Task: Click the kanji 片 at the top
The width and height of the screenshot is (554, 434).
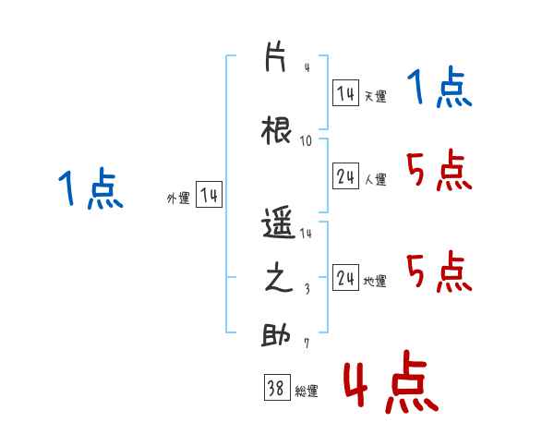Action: pyautogui.click(x=275, y=57)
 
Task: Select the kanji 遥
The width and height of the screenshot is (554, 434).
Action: pyautogui.click(x=278, y=223)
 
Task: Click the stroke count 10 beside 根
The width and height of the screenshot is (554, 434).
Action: pyautogui.click(x=306, y=141)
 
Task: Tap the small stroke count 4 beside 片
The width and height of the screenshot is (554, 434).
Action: pyautogui.click(x=307, y=67)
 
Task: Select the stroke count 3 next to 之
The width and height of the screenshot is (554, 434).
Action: pyautogui.click(x=307, y=289)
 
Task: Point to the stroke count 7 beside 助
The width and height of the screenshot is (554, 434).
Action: pyautogui.click(x=307, y=343)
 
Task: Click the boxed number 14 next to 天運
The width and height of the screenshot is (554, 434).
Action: pyautogui.click(x=345, y=93)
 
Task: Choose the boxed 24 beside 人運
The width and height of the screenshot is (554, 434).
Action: pyautogui.click(x=345, y=176)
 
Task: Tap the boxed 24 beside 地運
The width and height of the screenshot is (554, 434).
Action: pyautogui.click(x=345, y=278)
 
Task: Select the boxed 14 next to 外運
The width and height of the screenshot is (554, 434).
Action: pyautogui.click(x=209, y=195)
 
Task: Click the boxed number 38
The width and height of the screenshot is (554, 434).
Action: pyautogui.click(x=277, y=387)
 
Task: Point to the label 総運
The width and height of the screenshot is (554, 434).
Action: pyautogui.click(x=307, y=392)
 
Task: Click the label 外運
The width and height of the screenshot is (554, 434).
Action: pyautogui.click(x=178, y=199)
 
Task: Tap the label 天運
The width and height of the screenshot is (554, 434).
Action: pyautogui.click(x=375, y=96)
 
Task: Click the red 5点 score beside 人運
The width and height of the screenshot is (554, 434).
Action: pyautogui.click(x=439, y=170)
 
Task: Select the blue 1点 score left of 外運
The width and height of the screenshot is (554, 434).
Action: pyautogui.click(x=90, y=188)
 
